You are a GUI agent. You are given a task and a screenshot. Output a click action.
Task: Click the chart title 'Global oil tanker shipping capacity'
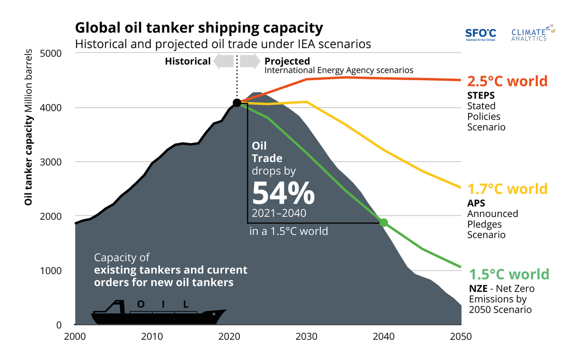tap(198, 27)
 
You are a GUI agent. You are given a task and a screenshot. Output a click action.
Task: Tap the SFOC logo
tap(480, 34)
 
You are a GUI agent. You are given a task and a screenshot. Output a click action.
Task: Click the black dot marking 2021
tap(236, 103)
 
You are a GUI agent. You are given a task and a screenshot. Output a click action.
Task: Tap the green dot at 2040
tap(383, 222)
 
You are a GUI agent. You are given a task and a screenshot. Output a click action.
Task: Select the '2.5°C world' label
tap(508, 81)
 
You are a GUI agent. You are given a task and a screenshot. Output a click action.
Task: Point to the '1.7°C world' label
tap(508, 188)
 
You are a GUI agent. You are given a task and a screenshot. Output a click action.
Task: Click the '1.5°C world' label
tap(509, 274)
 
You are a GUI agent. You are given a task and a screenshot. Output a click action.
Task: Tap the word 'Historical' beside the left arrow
tap(187, 61)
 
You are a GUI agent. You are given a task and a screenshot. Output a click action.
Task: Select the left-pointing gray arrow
tap(223, 61)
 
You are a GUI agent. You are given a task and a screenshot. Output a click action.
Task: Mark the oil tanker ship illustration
tap(158, 313)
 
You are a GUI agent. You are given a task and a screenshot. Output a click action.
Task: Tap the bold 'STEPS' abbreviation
tap(480, 95)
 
